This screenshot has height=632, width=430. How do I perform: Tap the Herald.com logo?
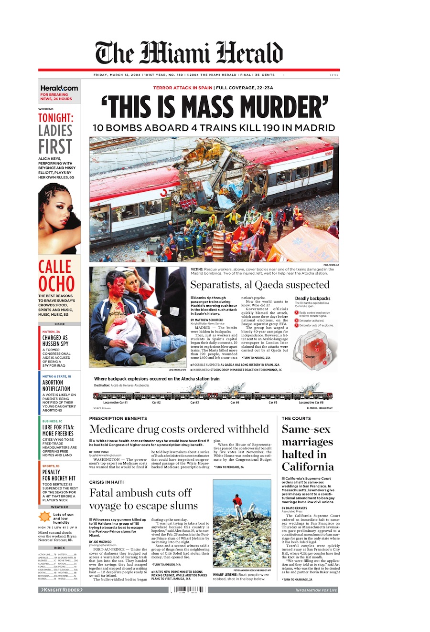59,88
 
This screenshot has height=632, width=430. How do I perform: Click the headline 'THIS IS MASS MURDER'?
214,107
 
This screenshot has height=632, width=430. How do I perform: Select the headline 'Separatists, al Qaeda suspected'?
260,285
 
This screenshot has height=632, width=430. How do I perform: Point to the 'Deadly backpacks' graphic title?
312,299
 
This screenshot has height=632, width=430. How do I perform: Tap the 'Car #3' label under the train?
194,403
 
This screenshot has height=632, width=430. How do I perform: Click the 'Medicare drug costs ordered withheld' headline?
179,429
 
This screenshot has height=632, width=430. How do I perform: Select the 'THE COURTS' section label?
296,418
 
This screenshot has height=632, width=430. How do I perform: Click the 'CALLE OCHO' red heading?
56,275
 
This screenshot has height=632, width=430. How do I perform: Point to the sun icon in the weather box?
44,517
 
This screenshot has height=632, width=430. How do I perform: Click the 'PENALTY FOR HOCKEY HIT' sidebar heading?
59,475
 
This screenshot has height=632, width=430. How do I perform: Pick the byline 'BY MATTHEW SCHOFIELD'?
207,320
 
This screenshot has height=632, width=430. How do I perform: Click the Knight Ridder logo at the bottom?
61,590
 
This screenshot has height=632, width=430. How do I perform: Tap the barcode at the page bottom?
189,590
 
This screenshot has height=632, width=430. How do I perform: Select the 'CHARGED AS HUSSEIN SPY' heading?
55,341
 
